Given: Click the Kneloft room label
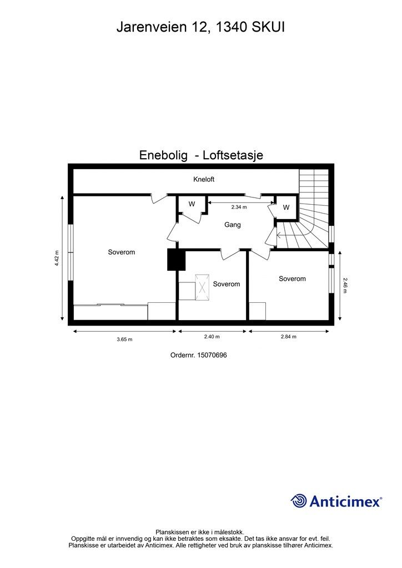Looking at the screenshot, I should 203,180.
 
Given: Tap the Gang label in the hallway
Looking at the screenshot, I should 232,225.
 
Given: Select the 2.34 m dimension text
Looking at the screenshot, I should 239,207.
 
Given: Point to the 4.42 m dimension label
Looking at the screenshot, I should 57,258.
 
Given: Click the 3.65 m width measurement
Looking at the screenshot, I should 124,339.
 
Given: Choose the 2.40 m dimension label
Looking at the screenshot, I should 212,337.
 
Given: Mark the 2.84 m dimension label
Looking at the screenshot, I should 288,337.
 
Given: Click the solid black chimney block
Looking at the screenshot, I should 175,260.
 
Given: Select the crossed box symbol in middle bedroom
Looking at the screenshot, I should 203,287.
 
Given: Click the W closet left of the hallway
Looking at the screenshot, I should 192,204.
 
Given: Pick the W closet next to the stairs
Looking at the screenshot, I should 286,207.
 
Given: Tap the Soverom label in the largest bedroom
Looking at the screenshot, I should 121,252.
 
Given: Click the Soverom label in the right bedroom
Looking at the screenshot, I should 292,278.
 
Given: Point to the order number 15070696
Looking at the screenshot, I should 198,356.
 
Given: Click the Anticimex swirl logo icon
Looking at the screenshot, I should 299,501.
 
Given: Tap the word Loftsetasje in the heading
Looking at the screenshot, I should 233,156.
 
